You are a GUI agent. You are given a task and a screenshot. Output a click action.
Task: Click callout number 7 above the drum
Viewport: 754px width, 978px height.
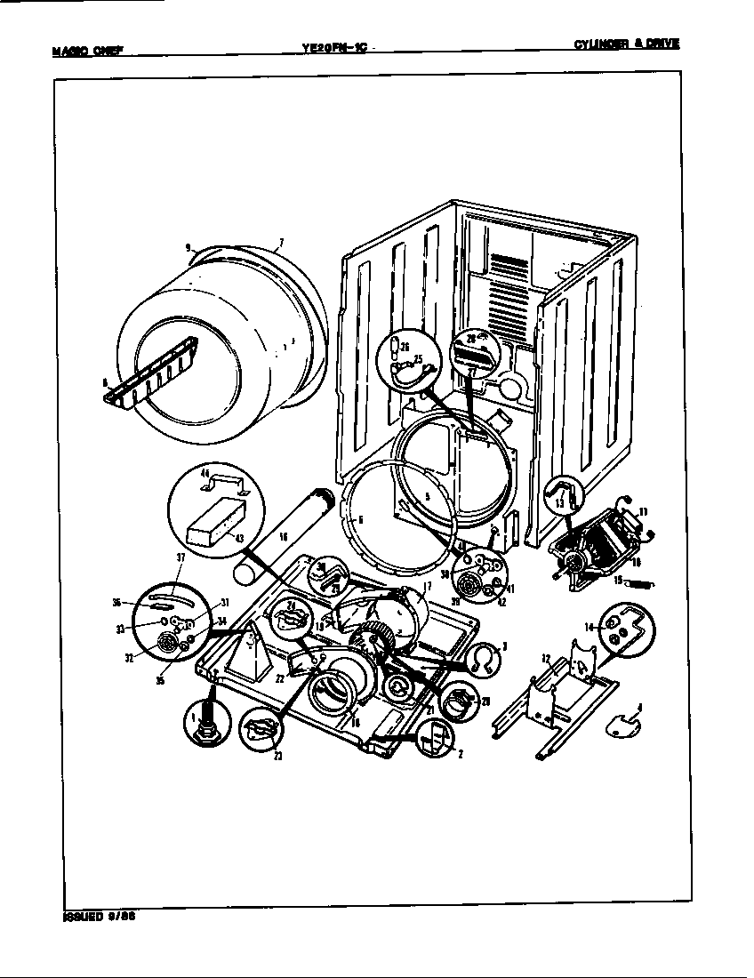(281, 243)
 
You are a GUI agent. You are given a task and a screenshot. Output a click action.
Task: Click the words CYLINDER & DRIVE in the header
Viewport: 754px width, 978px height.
(626, 43)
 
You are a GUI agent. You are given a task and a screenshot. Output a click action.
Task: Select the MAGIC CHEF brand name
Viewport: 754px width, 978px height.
(86, 50)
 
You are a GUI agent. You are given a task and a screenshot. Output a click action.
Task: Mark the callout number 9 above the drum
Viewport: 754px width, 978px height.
(188, 248)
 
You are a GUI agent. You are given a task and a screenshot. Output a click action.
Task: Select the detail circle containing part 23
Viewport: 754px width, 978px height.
(261, 730)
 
